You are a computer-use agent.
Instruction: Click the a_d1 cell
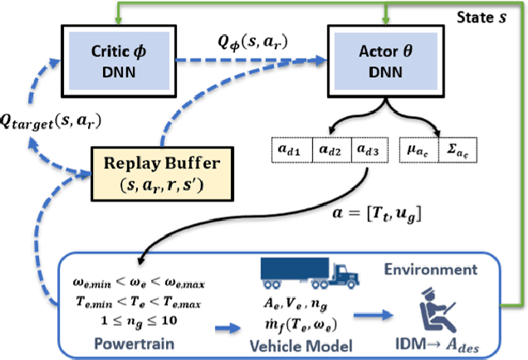(291, 152)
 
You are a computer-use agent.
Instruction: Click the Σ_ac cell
(459, 152)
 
